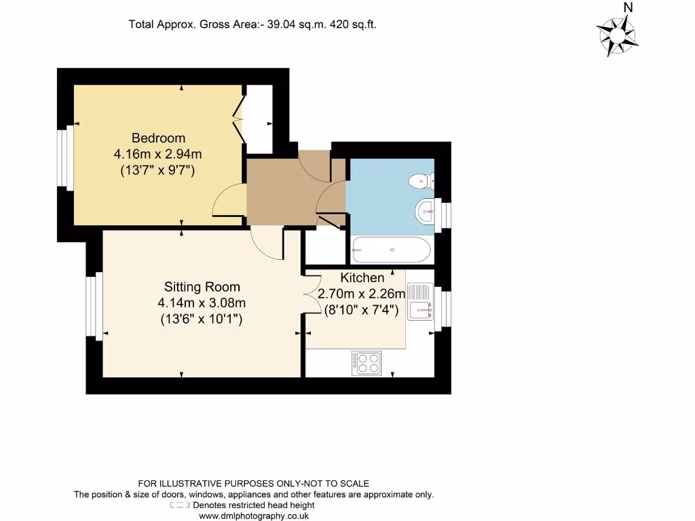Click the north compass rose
618,35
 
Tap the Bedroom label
158,138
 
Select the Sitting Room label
202,287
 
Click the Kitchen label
362,277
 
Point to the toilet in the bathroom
421,181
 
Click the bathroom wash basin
426,211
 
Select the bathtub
391,250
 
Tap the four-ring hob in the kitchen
367,363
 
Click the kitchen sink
421,303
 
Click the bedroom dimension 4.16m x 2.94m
157,154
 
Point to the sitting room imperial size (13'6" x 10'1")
202,318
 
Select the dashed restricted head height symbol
180,505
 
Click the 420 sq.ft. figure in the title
353,24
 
